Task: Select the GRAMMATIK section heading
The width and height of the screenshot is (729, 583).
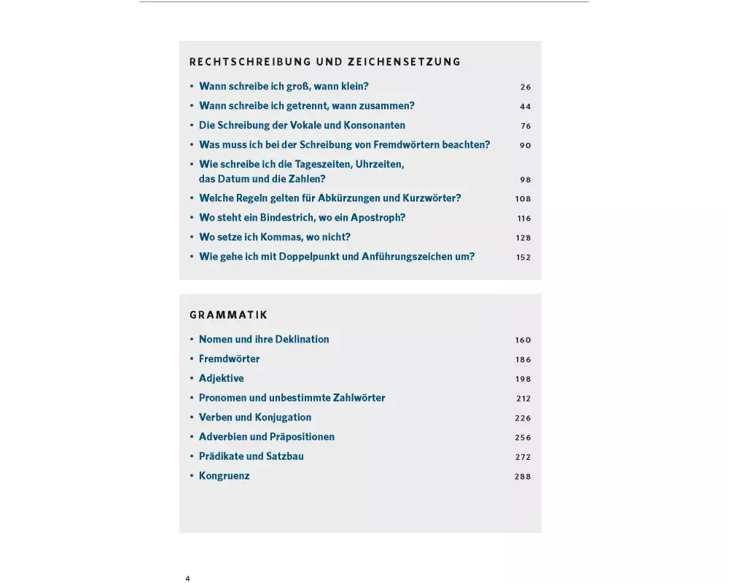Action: [x=228, y=315]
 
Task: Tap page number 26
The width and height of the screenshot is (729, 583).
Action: [x=526, y=87]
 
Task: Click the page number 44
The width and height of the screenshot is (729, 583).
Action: [x=526, y=106]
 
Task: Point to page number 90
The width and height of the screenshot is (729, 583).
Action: [x=526, y=145]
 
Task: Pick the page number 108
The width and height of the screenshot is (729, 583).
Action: [x=523, y=199]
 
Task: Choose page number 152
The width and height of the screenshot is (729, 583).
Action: [x=523, y=257]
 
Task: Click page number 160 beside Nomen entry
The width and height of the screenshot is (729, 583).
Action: [x=523, y=340]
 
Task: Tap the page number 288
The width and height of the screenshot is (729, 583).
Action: [x=523, y=477]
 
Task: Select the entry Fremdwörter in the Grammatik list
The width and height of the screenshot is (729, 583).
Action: [x=229, y=359]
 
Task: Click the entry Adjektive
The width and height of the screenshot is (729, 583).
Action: [x=221, y=378]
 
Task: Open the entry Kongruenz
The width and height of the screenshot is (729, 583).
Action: [x=224, y=476]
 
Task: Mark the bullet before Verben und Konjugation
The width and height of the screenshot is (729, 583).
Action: [x=192, y=418]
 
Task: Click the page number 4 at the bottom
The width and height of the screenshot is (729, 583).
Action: [x=187, y=578]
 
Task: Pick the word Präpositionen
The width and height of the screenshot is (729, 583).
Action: [x=303, y=437]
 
